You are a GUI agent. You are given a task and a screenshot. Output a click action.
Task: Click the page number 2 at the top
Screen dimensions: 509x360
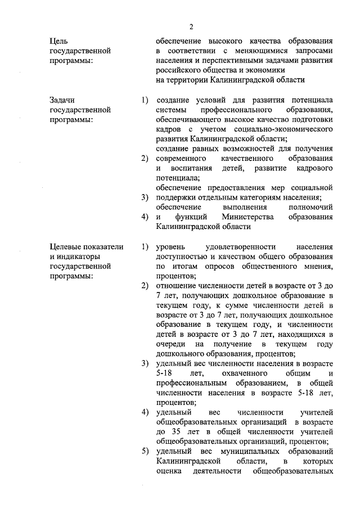[x=191, y=27]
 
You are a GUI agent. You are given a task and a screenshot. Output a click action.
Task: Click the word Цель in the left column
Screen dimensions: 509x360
[x=59, y=41]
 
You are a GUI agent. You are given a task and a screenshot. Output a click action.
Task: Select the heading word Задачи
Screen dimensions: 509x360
[x=62, y=100]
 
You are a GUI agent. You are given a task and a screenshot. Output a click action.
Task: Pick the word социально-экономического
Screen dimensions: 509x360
[x=283, y=129]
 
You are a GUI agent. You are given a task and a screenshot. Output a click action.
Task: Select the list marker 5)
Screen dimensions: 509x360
[x=145, y=451]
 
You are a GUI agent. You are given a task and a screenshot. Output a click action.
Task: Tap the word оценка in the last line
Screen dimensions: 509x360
[x=168, y=471]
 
